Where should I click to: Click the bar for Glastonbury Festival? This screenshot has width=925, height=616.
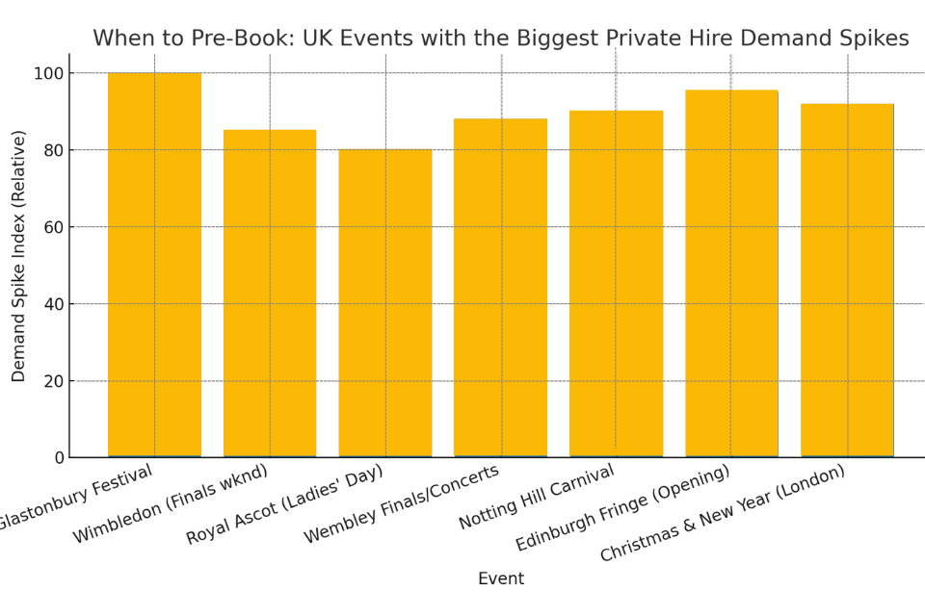pyautogui.click(x=154, y=265)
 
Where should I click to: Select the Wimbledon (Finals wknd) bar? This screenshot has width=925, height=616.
pyautogui.click(x=270, y=294)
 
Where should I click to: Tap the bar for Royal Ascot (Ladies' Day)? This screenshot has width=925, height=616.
pyautogui.click(x=385, y=303)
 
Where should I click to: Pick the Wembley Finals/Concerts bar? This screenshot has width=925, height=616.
pyautogui.click(x=501, y=288)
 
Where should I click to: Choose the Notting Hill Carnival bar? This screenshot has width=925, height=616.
pyautogui.click(x=616, y=284)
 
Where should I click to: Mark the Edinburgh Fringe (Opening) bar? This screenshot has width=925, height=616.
pyautogui.click(x=731, y=273)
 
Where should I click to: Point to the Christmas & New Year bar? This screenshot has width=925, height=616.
pyautogui.click(x=847, y=280)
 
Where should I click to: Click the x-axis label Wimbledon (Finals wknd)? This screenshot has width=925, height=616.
pyautogui.click(x=171, y=503)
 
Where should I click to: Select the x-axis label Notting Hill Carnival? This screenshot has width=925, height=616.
pyautogui.click(x=537, y=497)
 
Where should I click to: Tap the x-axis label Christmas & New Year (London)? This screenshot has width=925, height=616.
pyautogui.click(x=723, y=513)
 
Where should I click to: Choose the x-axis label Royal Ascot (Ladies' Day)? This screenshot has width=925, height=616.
pyautogui.click(x=285, y=504)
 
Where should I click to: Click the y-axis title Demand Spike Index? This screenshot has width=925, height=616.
pyautogui.click(x=19, y=256)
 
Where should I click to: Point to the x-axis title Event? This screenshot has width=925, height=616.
pyautogui.click(x=501, y=579)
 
